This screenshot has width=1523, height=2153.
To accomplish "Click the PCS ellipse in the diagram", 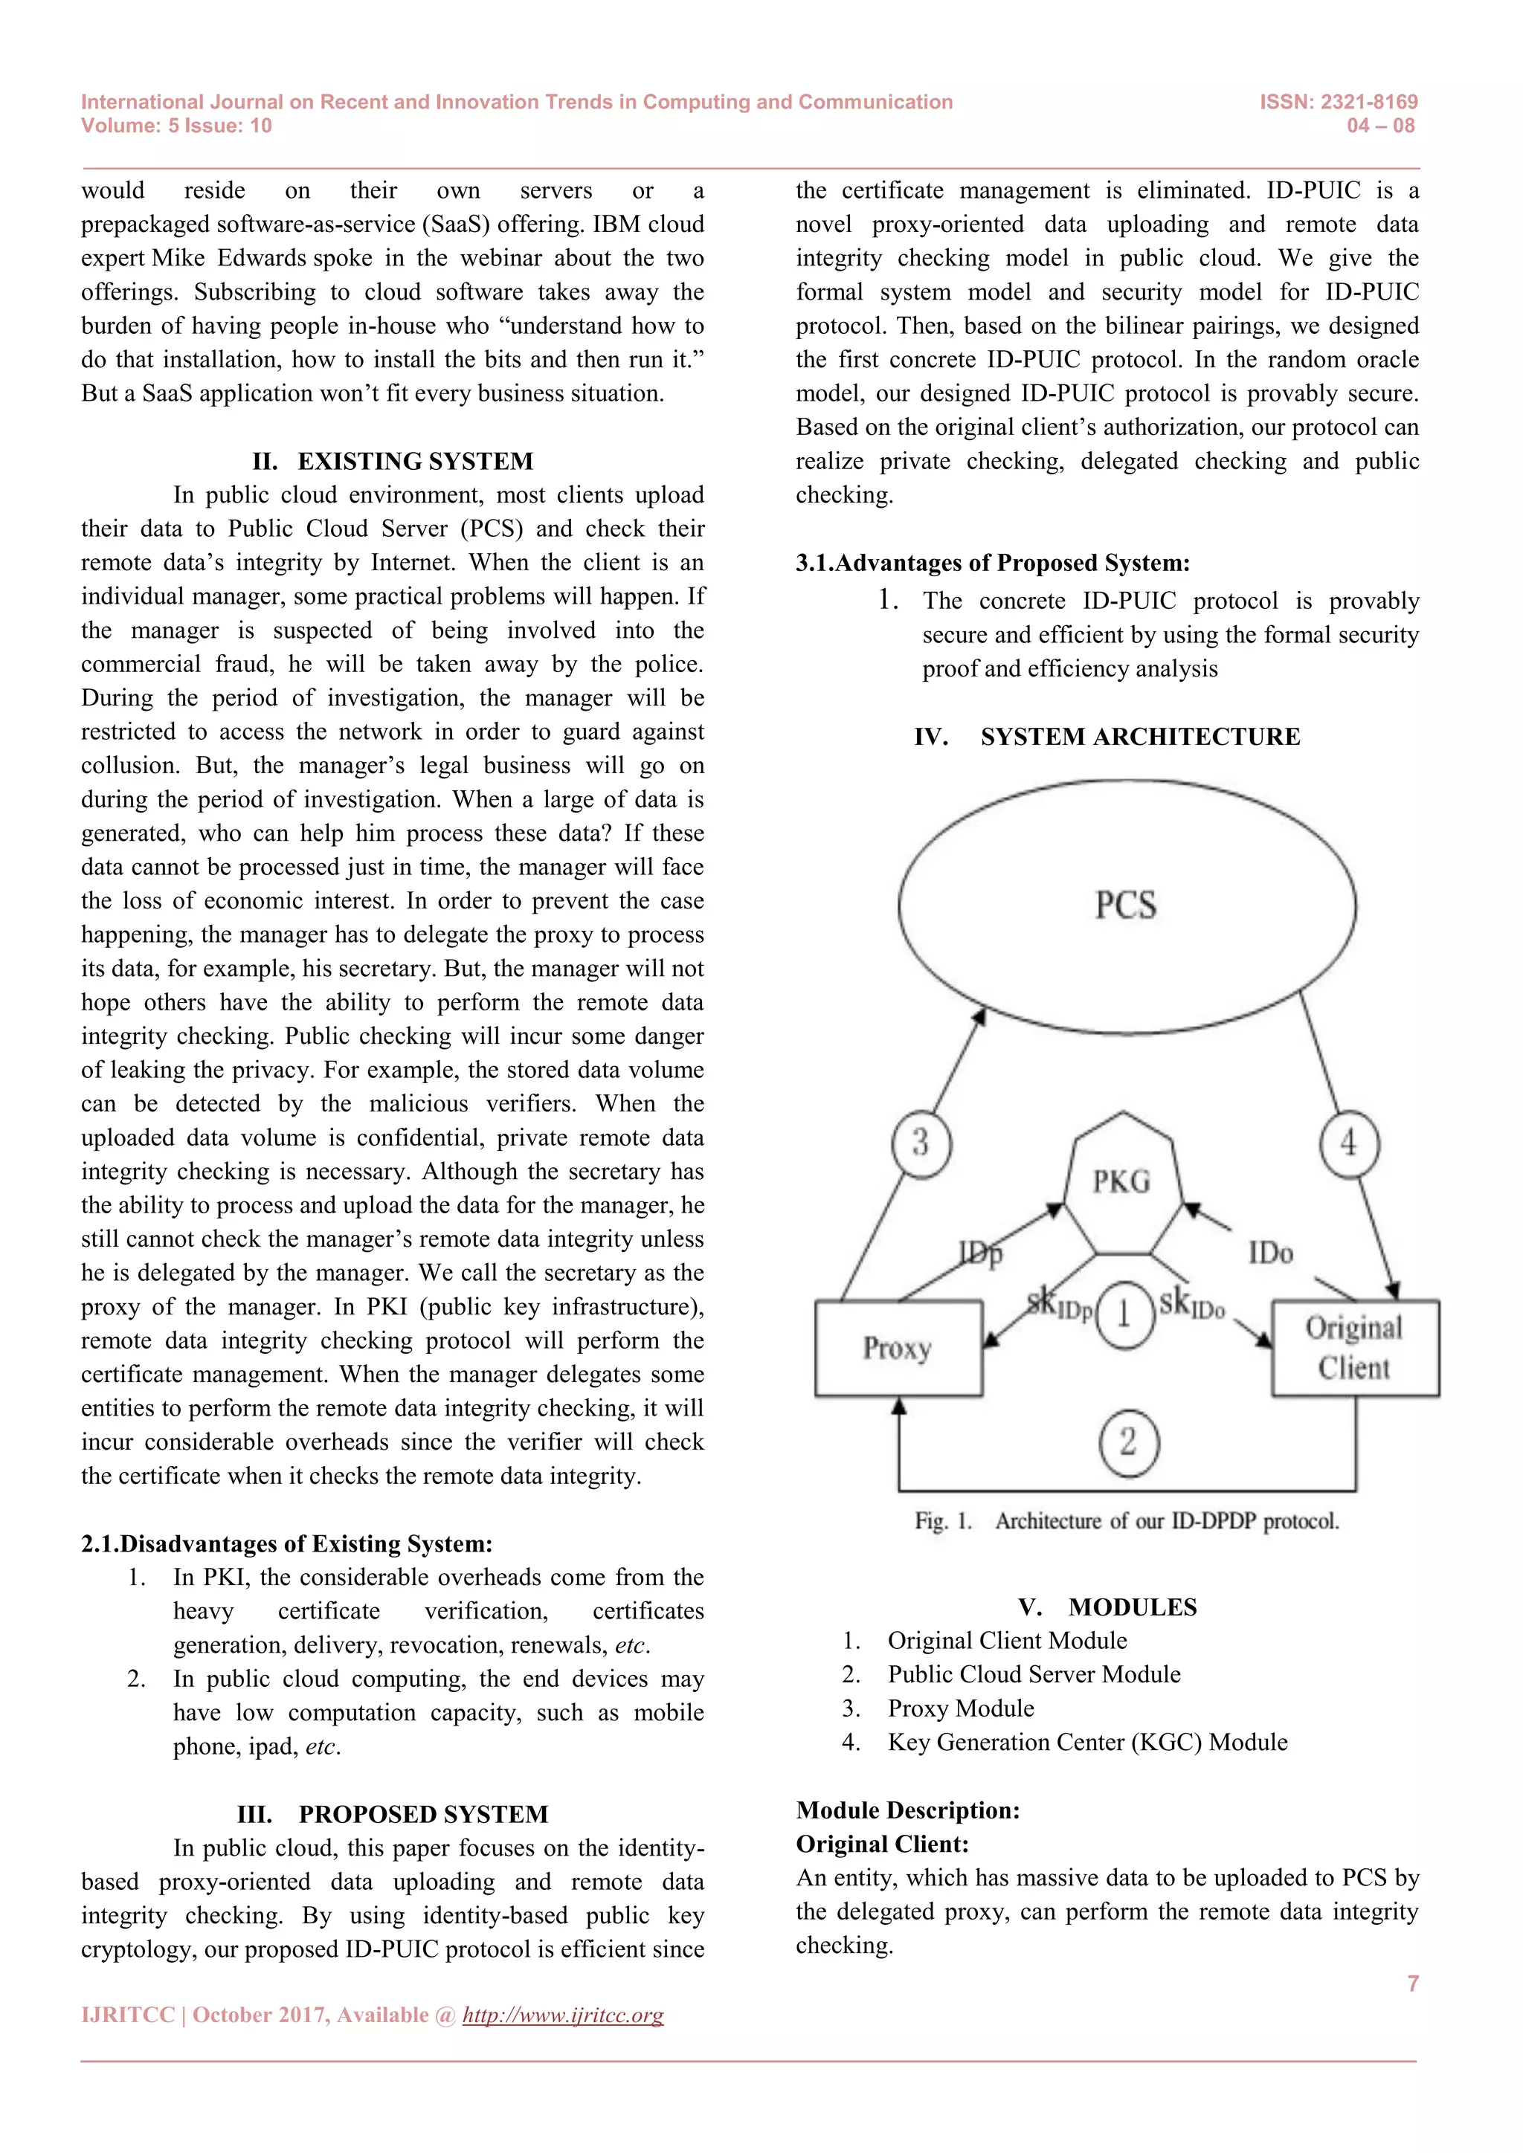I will pyautogui.click(x=1127, y=906).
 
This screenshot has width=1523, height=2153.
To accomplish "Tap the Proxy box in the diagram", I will pyautogui.click(x=898, y=1349).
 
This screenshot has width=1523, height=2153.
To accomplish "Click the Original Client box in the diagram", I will pyautogui.click(x=1354, y=1349).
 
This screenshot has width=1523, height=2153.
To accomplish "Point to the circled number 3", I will pyautogui.click(x=920, y=1143).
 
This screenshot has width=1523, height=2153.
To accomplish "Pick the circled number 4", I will pyautogui.click(x=1348, y=1143).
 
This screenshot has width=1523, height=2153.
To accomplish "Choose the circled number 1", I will pyautogui.click(x=1124, y=1314).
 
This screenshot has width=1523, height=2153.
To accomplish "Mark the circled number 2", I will pyautogui.click(x=1128, y=1442).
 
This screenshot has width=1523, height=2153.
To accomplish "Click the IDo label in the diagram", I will pyautogui.click(x=1271, y=1253).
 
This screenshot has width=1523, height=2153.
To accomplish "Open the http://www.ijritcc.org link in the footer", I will pyautogui.click(x=563, y=2015).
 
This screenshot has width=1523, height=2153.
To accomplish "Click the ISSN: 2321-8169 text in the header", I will pyautogui.click(x=1339, y=102).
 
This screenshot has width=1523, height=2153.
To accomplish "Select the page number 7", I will pyautogui.click(x=1412, y=1983).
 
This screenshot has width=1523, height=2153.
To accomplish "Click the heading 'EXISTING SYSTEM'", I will pyautogui.click(x=414, y=462).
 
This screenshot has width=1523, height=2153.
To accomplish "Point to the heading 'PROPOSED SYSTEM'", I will pyautogui.click(x=423, y=1815).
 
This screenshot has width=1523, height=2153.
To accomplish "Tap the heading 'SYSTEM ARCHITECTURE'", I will pyautogui.click(x=1139, y=737).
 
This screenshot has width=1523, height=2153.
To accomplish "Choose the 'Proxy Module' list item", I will pyautogui.click(x=960, y=1708).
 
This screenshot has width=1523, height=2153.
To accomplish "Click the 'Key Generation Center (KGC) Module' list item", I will pyautogui.click(x=1087, y=1743).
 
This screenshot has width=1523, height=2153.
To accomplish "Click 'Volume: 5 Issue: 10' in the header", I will pyautogui.click(x=176, y=126).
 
